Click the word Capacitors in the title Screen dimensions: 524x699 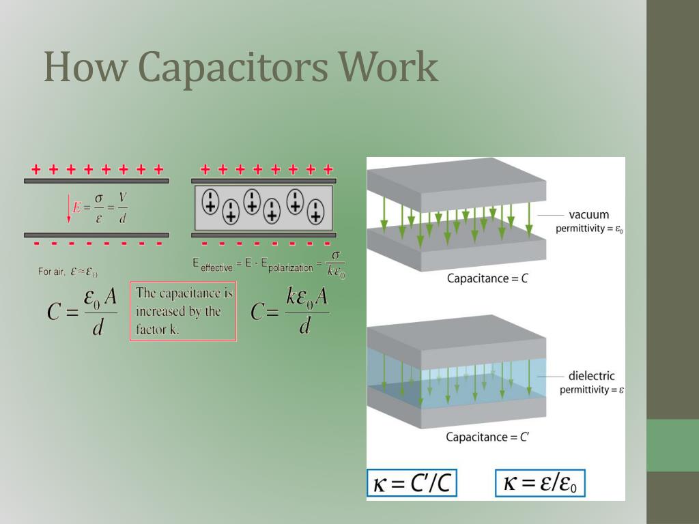tap(232, 68)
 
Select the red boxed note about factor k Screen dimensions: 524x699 tap(183, 311)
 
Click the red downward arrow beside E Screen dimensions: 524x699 tap(68, 209)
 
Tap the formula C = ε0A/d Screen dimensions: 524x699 tap(83, 312)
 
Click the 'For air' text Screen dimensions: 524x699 tap(51, 272)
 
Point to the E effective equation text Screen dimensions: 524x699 tap(268, 265)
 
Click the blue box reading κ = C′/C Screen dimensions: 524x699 tap(412, 484)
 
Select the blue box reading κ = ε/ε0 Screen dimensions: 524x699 tap(540, 484)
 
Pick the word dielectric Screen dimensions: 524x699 tap(591, 376)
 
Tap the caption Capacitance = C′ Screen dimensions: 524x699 tap(487, 437)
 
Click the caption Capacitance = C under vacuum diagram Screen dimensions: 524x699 tap(487, 278)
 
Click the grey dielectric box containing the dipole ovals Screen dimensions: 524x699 tap(263, 207)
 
